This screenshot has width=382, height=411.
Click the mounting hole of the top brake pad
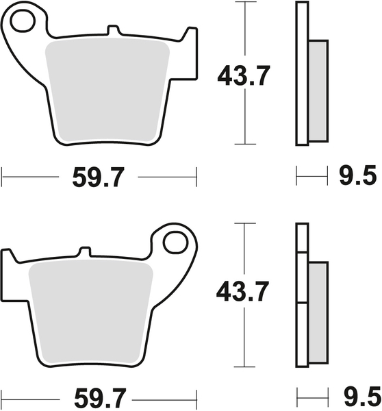point(23,21)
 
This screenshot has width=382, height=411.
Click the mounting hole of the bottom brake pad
point(175,242)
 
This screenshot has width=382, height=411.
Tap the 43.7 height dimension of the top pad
point(244,76)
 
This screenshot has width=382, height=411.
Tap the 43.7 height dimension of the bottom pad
point(242,292)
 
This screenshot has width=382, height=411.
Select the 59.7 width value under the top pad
point(98,177)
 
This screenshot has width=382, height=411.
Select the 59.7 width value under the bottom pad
point(100,399)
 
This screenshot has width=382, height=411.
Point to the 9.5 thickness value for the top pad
point(358,175)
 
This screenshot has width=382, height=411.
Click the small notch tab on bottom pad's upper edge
point(85,251)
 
